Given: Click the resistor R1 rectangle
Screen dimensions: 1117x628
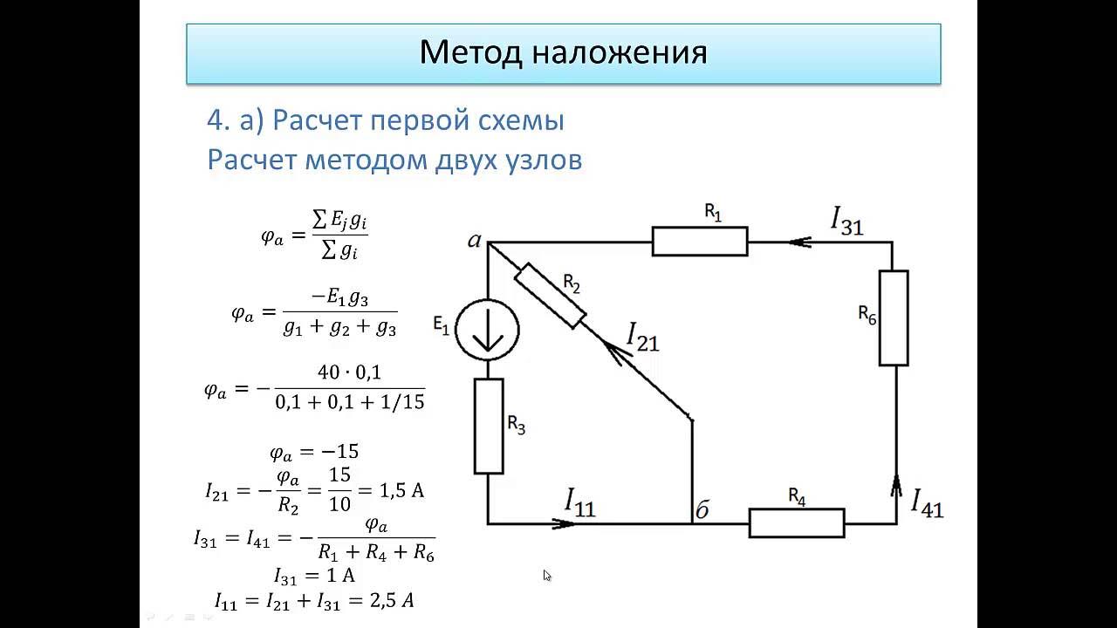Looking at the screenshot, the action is [x=700, y=242].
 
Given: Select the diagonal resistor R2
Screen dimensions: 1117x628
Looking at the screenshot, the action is [x=549, y=297].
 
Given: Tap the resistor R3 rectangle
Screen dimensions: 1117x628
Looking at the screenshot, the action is [x=489, y=426].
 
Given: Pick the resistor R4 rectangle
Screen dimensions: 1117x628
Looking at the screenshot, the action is [x=797, y=522].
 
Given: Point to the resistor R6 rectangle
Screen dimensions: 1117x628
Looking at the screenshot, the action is [x=894, y=317].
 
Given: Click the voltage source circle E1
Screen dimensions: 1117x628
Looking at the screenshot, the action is [x=489, y=331].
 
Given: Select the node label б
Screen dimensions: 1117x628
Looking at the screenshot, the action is [x=701, y=510].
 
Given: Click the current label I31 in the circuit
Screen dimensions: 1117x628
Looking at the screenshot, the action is [x=846, y=221].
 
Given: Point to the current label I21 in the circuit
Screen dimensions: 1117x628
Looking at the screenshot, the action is [x=643, y=337].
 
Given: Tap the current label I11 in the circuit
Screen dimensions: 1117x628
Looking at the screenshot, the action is [x=579, y=502].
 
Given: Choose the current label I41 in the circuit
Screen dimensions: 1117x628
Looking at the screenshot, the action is [x=927, y=503].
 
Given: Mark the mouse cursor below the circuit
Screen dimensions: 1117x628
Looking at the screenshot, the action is [x=547, y=575].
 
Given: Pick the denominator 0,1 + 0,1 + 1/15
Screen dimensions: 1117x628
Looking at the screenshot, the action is [x=349, y=403].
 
